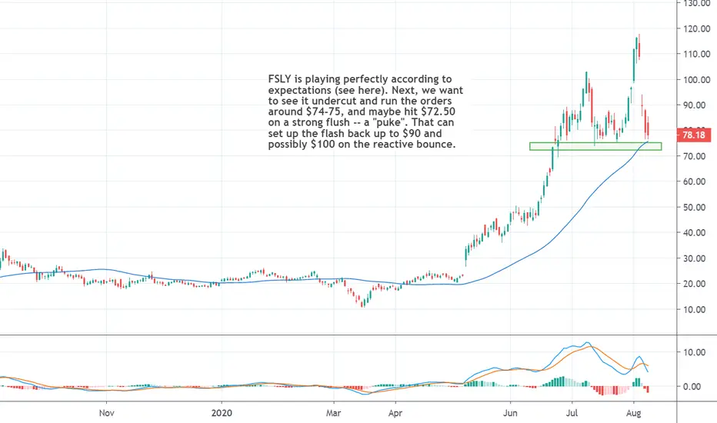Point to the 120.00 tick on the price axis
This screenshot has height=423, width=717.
click(695, 28)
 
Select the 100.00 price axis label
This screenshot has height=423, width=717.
click(695, 80)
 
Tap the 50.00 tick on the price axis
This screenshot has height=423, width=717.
click(695, 208)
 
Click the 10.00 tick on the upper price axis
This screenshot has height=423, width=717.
click(695, 310)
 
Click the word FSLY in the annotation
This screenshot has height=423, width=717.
click(279, 79)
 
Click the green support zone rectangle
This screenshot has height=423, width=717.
click(595, 146)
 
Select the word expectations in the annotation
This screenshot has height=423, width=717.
click(301, 90)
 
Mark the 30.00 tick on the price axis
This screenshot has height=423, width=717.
click(695, 258)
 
